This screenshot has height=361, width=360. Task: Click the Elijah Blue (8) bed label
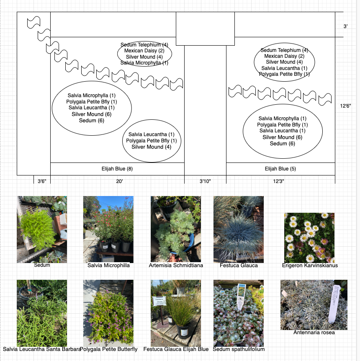pos(117,169)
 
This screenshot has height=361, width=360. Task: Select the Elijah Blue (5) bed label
pos(280,169)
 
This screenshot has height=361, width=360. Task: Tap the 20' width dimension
pos(120,181)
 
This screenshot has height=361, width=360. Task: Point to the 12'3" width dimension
pos(281,181)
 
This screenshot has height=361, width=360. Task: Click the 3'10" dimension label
pos(205,181)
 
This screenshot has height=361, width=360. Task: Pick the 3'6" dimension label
pos(42,181)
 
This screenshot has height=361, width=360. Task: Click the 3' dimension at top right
pos(346,26)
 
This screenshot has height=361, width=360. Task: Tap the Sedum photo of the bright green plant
pos(41,229)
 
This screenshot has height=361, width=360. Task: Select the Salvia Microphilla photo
pos(108,229)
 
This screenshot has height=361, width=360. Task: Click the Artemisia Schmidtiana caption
pos(176,266)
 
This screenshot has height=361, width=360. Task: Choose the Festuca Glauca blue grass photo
pos(238,229)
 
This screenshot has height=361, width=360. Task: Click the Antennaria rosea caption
pos(314,333)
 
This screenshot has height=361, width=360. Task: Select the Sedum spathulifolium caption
pos(239,349)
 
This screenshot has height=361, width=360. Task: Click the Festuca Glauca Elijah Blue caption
pos(176,349)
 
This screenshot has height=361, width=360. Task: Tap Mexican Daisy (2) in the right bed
pos(284,56)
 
